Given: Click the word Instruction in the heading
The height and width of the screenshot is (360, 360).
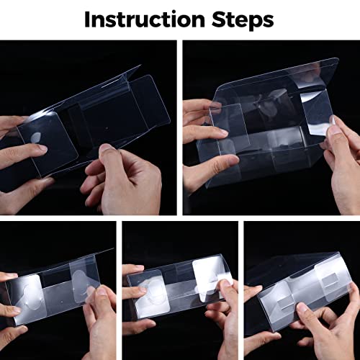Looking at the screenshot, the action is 145,19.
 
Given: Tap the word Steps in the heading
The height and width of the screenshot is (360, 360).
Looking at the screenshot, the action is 243,21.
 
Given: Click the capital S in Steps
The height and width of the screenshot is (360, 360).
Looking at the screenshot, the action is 218,19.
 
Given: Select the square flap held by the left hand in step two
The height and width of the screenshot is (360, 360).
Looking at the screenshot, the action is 229,127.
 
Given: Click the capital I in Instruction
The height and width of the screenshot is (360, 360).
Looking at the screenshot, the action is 87,19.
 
